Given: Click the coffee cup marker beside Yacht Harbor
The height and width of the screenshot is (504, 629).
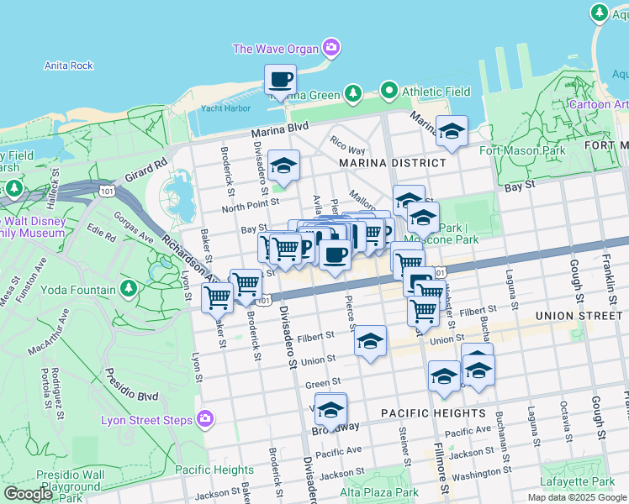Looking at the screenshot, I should point(281,81).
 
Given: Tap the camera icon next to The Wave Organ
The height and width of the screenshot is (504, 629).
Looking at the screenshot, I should point(332,48).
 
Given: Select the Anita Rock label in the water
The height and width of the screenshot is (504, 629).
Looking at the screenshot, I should point(68,66).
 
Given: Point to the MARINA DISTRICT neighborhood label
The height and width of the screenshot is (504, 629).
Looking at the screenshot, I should point(392,163).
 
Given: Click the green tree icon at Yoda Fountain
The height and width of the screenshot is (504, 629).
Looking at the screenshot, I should point(129,290).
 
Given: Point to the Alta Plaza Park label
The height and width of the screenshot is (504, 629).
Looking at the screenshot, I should point(378,492).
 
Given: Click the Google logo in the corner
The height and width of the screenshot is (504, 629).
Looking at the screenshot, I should point(28,493).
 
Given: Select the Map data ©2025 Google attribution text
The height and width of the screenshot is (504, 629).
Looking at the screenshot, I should point(577,497).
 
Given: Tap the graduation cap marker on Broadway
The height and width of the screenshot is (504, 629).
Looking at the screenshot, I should point(331,410).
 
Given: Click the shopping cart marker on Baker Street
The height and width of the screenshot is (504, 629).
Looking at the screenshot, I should point(218,297).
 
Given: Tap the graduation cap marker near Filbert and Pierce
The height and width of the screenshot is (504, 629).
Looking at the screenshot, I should point(369,342).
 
